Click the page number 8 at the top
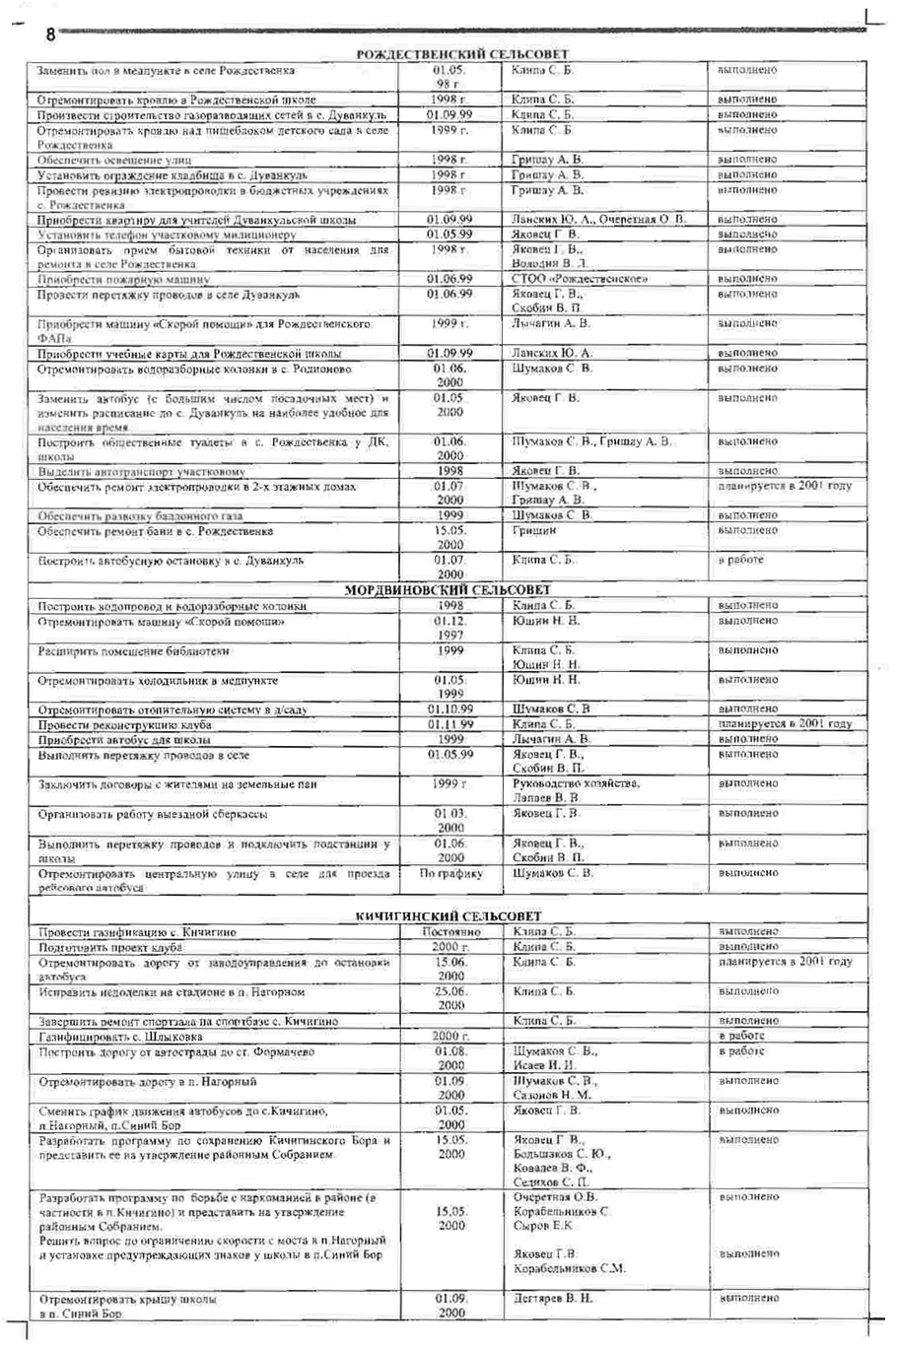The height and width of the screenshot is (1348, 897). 50,34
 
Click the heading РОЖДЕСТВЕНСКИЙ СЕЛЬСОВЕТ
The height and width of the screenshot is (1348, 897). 462,54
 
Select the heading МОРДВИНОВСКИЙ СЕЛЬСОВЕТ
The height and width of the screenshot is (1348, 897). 447,590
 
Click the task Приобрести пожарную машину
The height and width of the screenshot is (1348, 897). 123,280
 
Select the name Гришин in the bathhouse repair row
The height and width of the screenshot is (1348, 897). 534,531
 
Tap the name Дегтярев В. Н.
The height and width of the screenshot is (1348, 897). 554,1299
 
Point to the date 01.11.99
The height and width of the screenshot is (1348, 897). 450,724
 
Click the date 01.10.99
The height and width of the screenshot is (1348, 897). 450,709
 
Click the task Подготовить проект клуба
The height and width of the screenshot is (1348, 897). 110,947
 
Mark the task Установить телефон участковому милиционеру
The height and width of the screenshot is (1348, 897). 167,235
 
